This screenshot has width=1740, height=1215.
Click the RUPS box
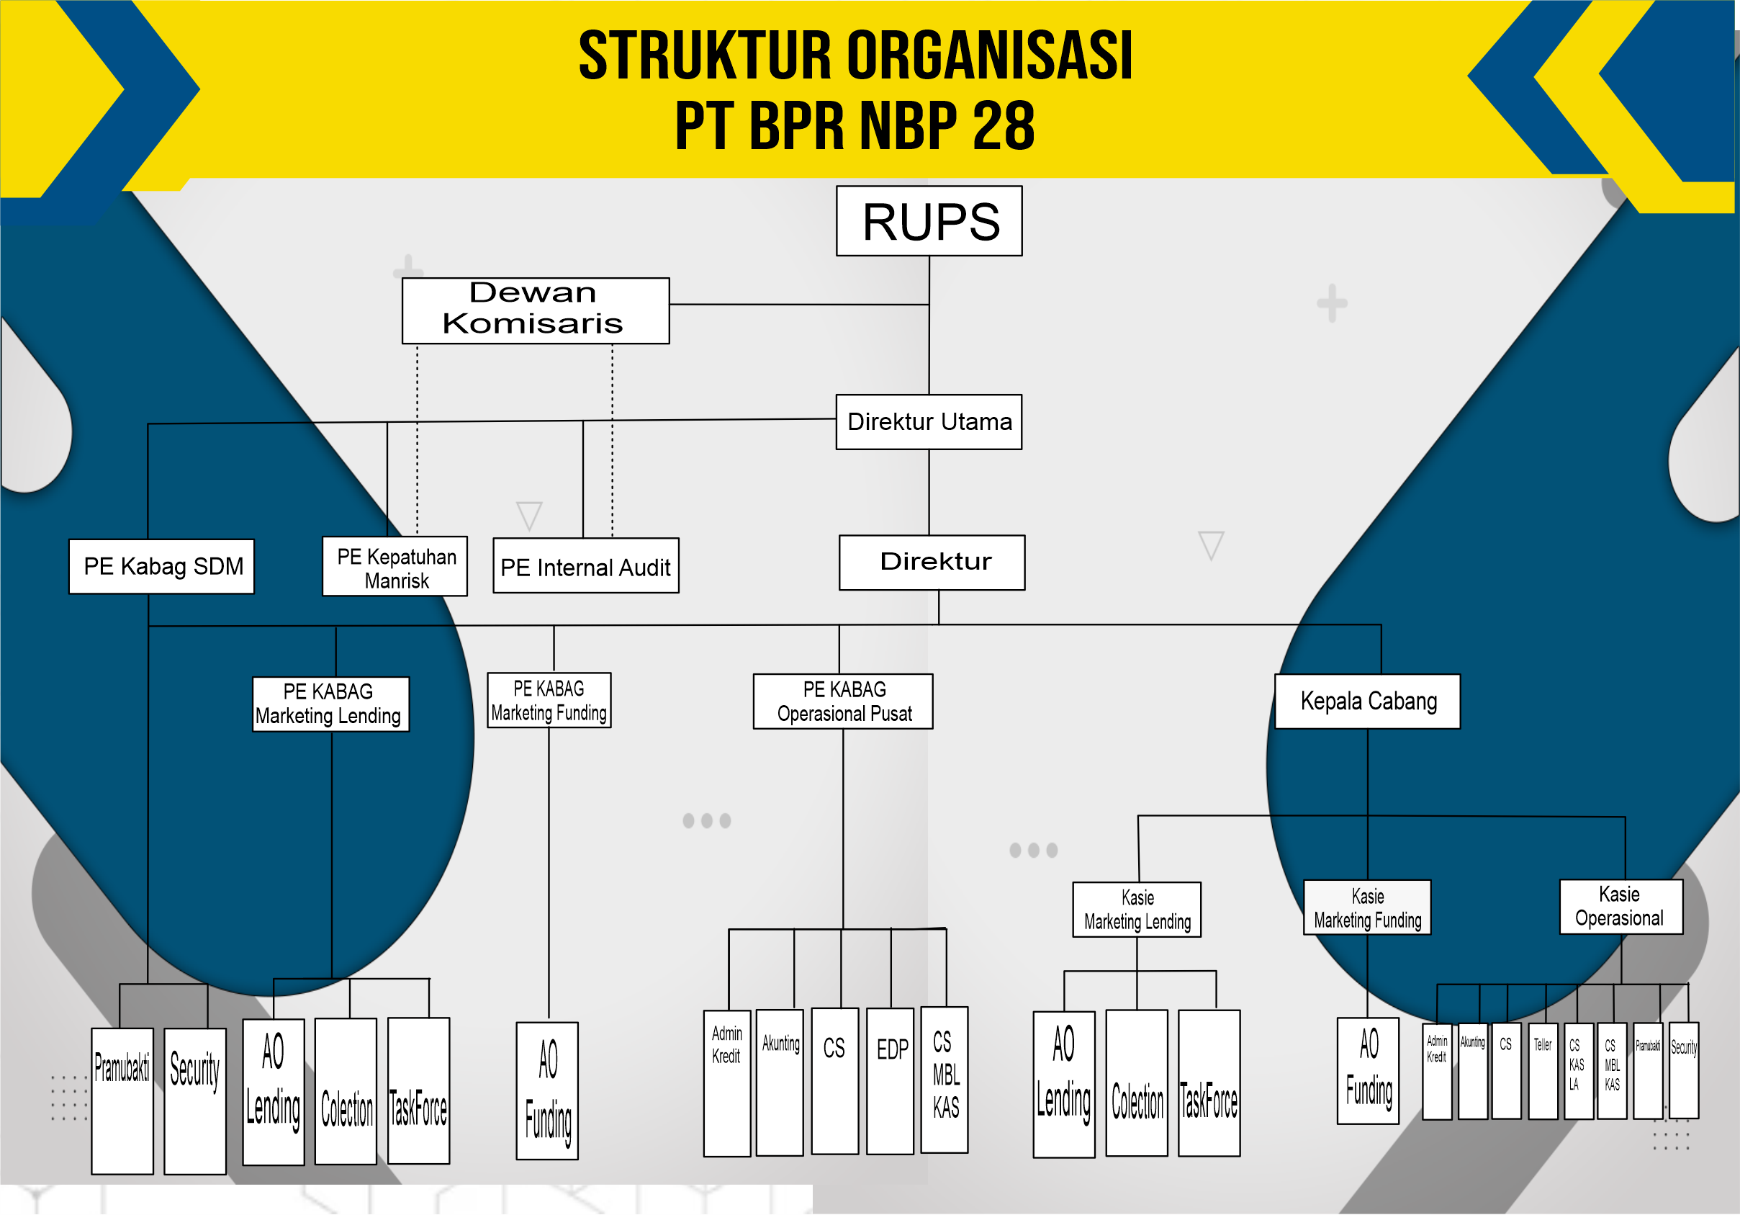click(x=929, y=221)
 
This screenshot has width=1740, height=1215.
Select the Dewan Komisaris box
click(x=535, y=310)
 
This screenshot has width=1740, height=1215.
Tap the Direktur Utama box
click(x=929, y=421)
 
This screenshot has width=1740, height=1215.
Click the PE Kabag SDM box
click(x=161, y=566)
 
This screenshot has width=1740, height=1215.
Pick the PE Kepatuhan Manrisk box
click(x=395, y=567)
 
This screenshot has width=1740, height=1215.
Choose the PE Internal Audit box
click(x=586, y=566)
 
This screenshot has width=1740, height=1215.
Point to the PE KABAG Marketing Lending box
click(x=330, y=704)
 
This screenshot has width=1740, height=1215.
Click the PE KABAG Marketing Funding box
click(x=549, y=700)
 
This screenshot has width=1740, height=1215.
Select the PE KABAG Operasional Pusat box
click(x=843, y=701)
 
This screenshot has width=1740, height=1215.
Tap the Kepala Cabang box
click(x=1367, y=701)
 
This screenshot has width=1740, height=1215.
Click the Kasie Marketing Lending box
click(x=1137, y=910)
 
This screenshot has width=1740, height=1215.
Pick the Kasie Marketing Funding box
click(x=1367, y=907)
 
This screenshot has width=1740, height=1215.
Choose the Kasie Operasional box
click(x=1620, y=907)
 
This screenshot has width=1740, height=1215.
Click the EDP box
click(x=891, y=1080)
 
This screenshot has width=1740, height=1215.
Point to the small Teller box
click(x=1543, y=1070)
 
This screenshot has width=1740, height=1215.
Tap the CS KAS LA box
click(x=1578, y=1070)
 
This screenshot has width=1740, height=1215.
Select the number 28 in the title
click(x=1004, y=126)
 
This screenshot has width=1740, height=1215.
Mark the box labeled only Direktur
click(x=932, y=562)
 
